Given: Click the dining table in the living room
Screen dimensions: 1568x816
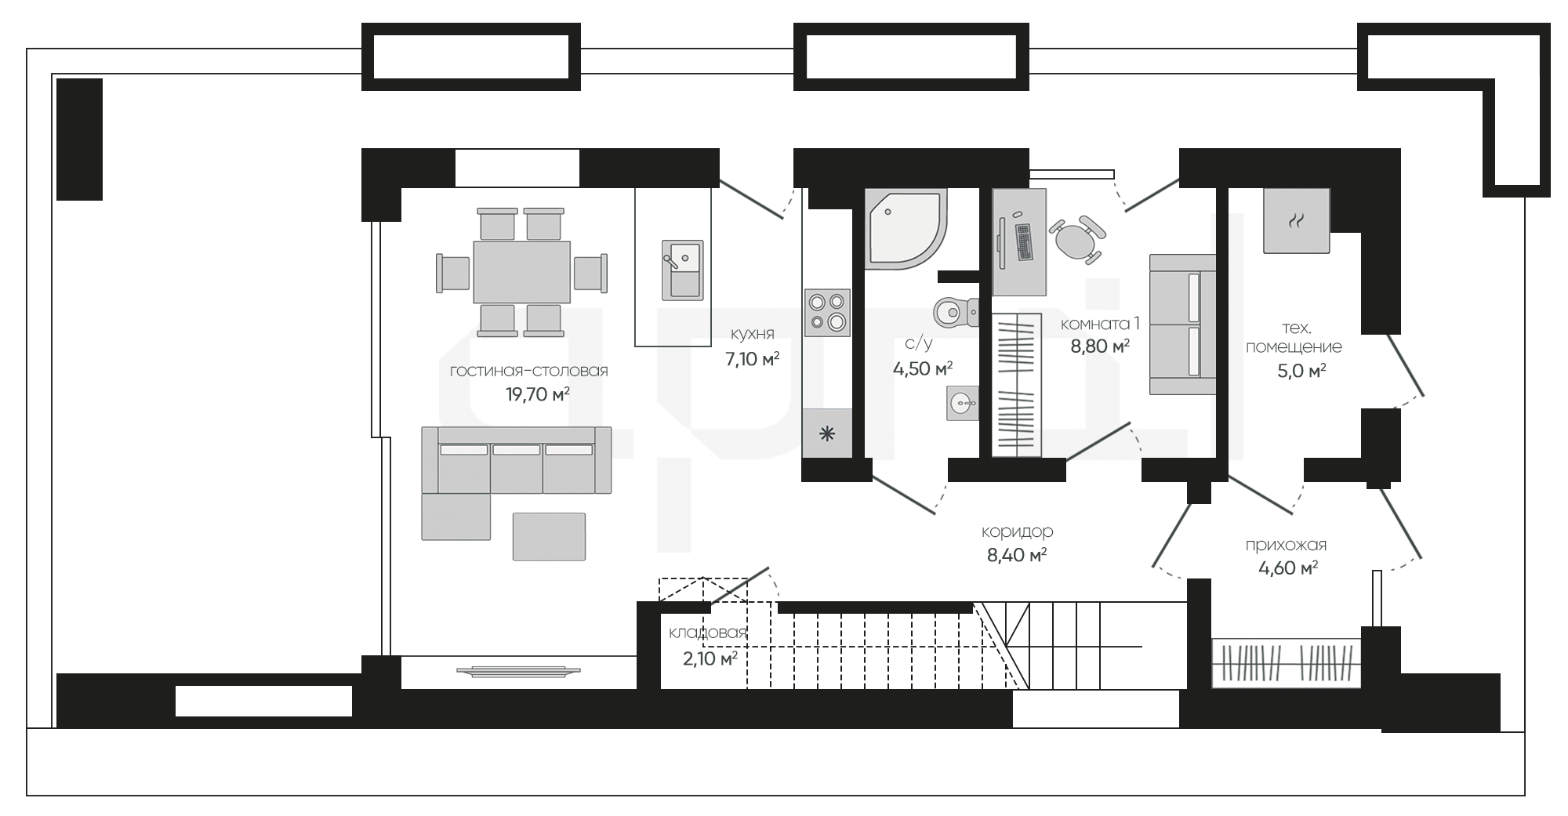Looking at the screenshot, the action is (x=521, y=272).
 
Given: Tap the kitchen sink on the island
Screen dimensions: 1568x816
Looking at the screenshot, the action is (x=683, y=270).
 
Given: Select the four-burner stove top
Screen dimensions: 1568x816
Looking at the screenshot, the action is (x=827, y=312).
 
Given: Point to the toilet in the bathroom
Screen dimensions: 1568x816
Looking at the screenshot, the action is (x=955, y=312).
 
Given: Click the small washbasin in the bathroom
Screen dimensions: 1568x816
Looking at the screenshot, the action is (x=963, y=403).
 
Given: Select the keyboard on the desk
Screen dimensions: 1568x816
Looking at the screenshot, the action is (x=1024, y=242).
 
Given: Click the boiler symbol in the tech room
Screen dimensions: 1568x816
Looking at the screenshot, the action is (x=1296, y=220).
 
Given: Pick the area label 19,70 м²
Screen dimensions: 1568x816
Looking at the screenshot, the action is (x=537, y=393).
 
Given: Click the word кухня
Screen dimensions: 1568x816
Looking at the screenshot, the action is (x=752, y=334).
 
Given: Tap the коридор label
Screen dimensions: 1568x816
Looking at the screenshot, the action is (x=1017, y=531).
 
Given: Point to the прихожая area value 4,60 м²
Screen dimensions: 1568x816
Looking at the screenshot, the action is (x=1287, y=568).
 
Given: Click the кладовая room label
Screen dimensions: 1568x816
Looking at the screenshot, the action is (x=707, y=633).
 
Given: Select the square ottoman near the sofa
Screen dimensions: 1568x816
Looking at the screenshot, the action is (x=549, y=536).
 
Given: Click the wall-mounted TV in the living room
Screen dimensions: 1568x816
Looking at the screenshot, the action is (x=519, y=671).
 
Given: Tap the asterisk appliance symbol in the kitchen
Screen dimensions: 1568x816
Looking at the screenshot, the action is (x=827, y=433).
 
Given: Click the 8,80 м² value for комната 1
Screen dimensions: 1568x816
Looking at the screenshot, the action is (x=1100, y=346).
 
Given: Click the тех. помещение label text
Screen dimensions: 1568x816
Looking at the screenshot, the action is (x=1294, y=337).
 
